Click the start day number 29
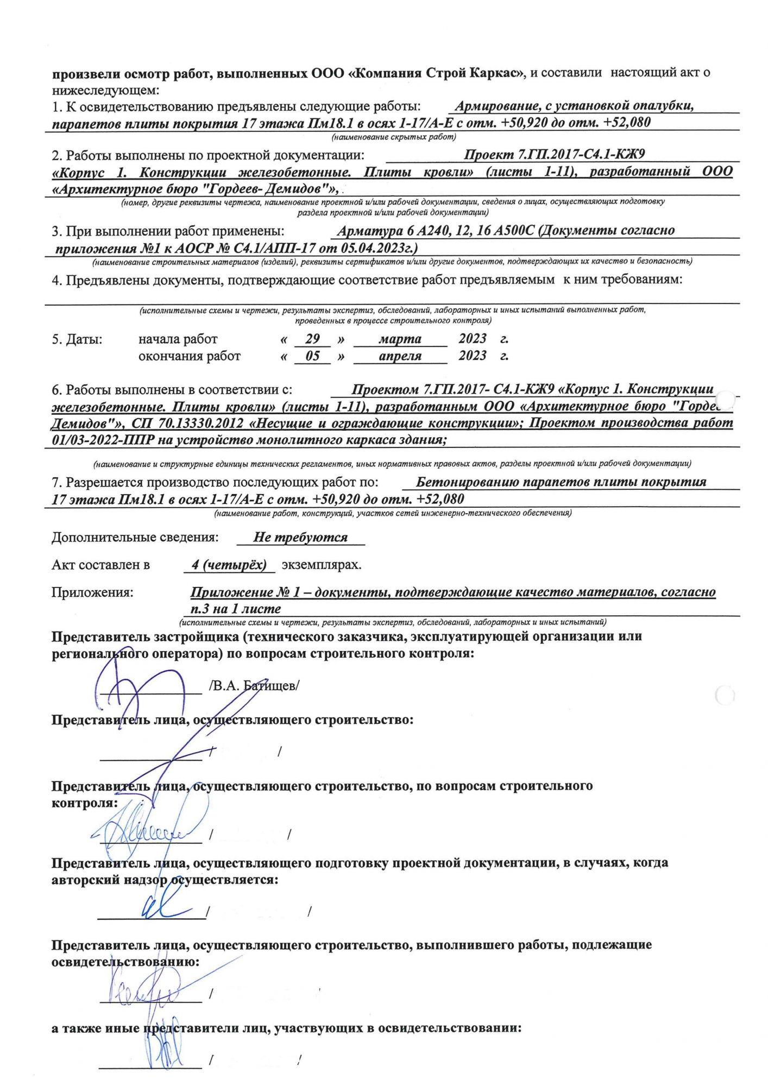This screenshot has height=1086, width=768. (x=312, y=339)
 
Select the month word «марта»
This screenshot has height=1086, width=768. (x=400, y=339)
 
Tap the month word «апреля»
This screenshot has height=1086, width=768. (x=400, y=357)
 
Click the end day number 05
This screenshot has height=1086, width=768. (x=312, y=357)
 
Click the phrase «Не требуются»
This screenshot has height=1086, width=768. (x=300, y=538)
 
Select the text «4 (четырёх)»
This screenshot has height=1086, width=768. (x=229, y=565)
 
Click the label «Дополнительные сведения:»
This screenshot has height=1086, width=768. (x=135, y=538)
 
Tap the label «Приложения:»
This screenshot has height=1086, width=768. (x=92, y=592)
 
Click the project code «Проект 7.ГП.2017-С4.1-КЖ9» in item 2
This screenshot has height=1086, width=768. (x=554, y=155)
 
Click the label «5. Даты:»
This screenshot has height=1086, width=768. (x=77, y=340)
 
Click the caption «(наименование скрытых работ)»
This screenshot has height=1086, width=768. (x=394, y=137)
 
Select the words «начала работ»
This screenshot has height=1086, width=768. (x=178, y=340)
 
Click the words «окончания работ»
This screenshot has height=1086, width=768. (x=190, y=357)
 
